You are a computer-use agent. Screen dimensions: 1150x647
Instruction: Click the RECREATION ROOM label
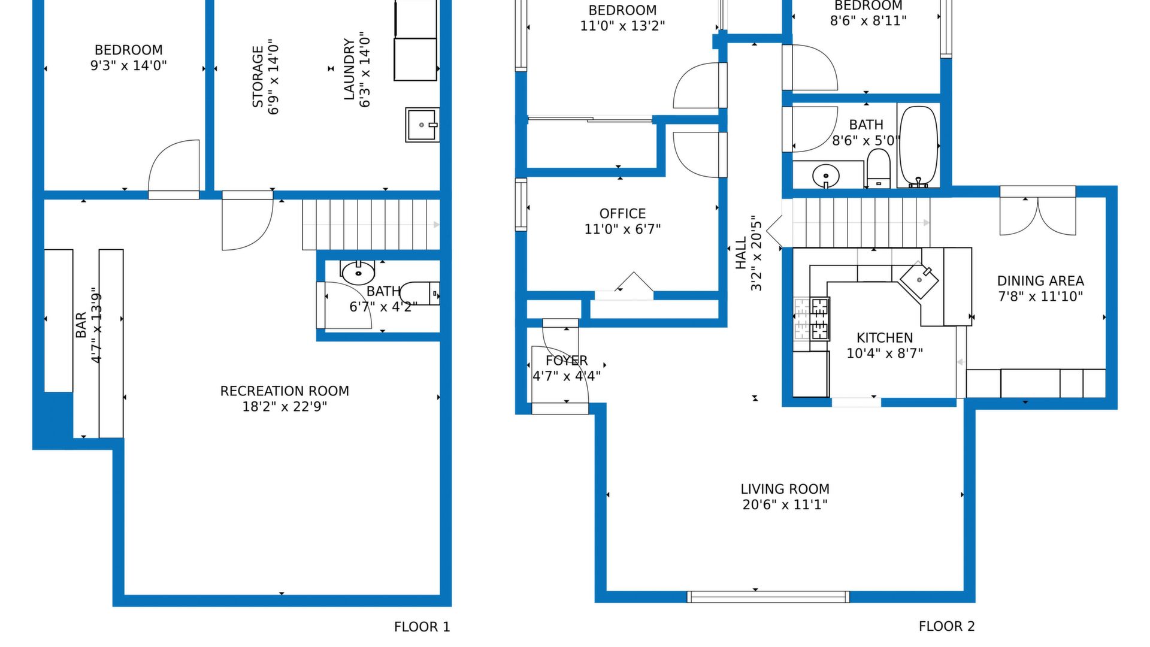(285, 391)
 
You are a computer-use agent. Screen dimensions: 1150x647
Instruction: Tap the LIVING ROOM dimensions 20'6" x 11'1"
(785, 505)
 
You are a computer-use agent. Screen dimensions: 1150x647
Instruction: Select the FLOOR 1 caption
(422, 627)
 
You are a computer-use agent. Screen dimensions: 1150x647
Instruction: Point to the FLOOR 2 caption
(946, 627)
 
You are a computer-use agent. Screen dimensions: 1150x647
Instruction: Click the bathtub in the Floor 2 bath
(918, 146)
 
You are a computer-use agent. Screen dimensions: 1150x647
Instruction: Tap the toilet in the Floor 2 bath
(879, 168)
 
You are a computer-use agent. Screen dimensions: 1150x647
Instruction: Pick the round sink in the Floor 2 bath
(826, 176)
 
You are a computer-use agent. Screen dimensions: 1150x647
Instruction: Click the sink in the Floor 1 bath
(358, 273)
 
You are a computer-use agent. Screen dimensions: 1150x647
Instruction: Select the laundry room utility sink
(422, 125)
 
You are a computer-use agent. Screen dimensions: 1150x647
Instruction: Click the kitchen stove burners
(812, 319)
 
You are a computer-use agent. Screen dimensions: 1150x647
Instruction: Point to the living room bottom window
(768, 597)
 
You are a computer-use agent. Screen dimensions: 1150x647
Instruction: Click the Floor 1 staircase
(371, 225)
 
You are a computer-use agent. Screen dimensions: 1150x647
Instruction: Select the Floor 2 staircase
(861, 223)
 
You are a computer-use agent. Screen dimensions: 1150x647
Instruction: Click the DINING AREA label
(1040, 281)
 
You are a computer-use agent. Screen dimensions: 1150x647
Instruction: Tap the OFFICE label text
(622, 214)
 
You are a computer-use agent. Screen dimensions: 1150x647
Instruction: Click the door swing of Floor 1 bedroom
(174, 165)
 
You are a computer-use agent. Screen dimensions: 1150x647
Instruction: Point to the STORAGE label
(258, 77)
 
